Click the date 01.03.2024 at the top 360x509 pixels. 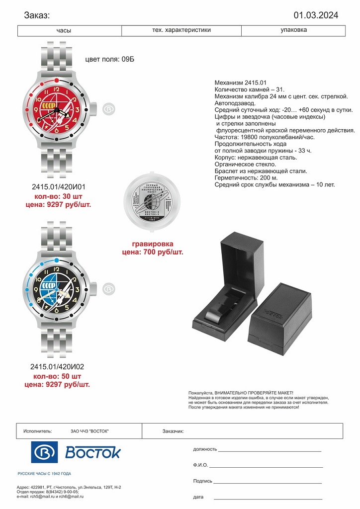[316, 15]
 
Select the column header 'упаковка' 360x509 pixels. [293, 30]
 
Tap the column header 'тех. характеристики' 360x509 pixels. [181, 30]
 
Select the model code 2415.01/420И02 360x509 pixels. [57, 367]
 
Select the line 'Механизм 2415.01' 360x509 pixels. [241, 83]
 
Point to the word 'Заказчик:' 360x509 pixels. [173, 431]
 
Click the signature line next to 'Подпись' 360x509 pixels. [268, 482]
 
